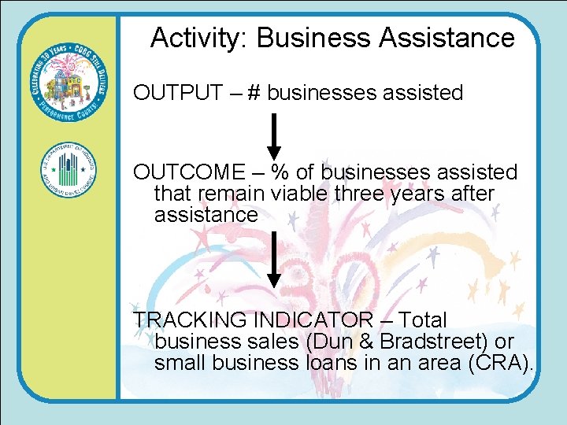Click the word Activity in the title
coord(198,38)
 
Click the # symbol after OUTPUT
coord(254,93)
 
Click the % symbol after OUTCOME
coord(280,172)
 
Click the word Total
coord(422,320)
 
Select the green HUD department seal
coord(68,171)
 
